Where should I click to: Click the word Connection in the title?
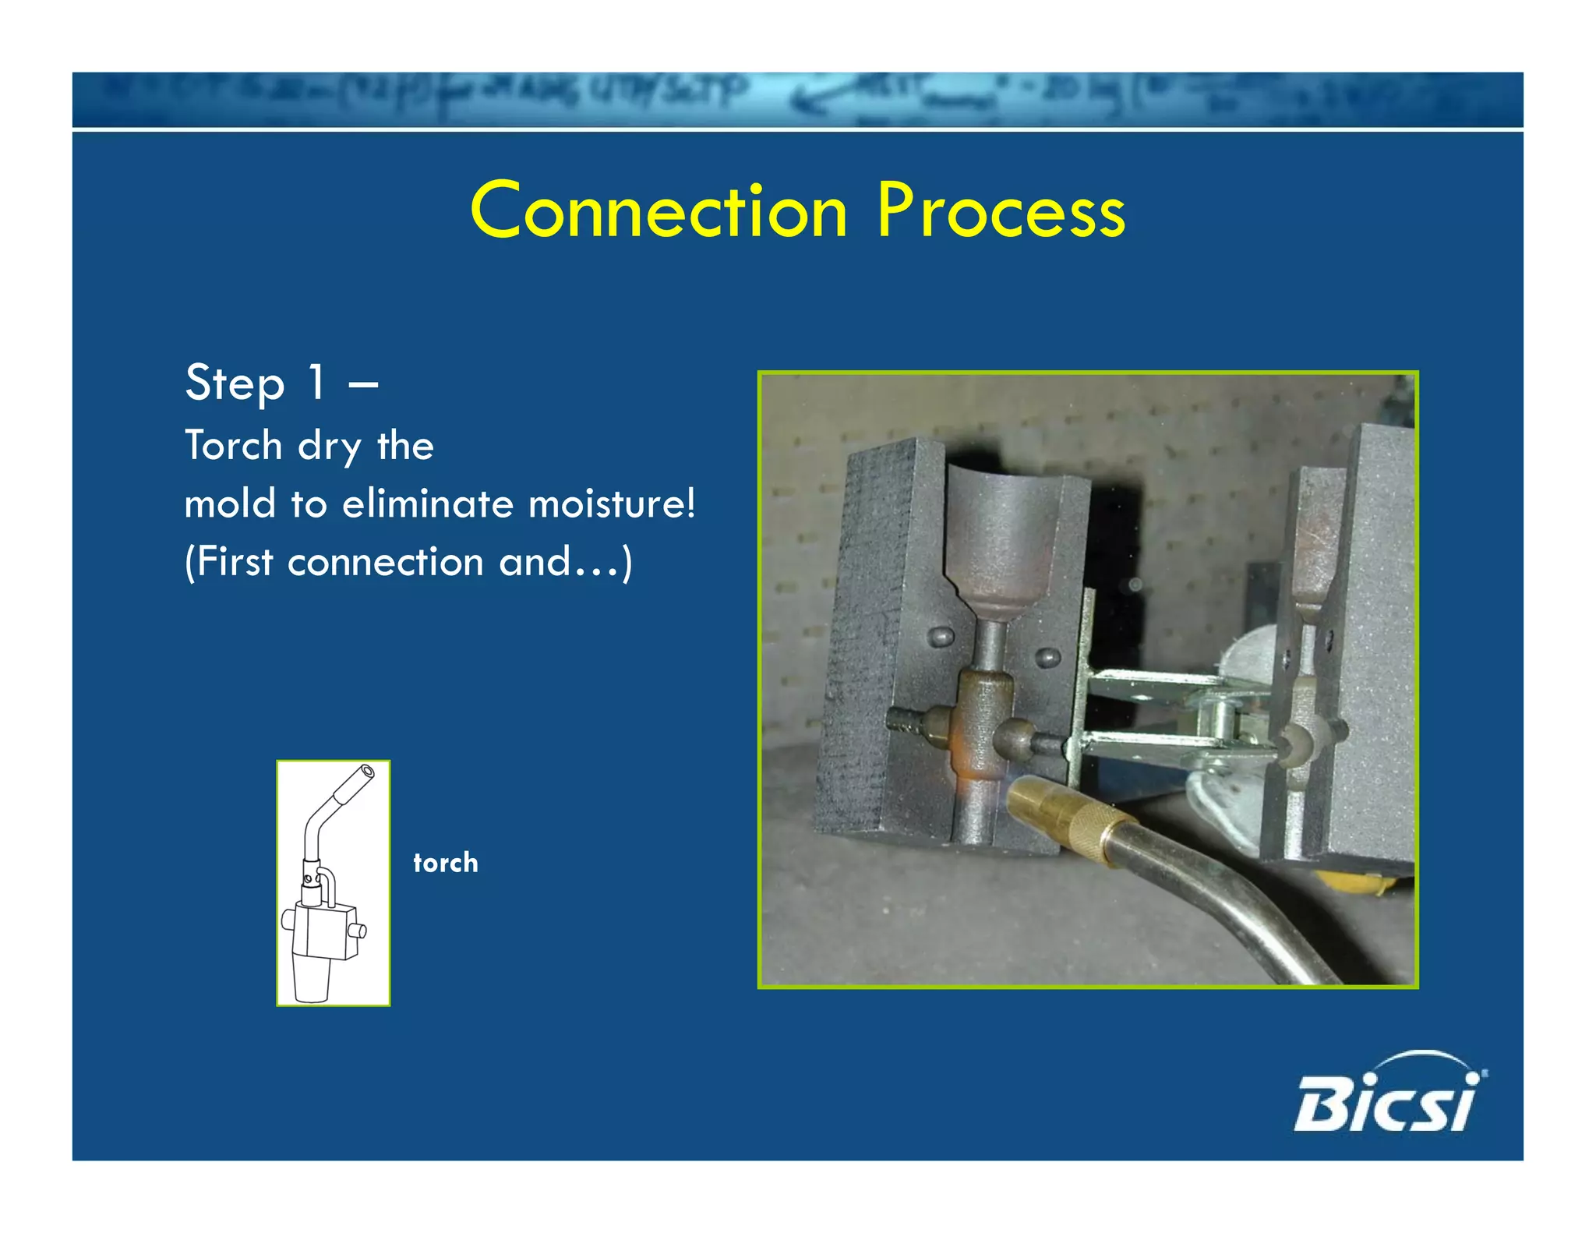659,210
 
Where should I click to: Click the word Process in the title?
1001,210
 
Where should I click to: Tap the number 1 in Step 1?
316,383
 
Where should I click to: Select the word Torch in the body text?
233,446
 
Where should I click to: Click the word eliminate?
428,503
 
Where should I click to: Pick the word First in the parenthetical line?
234,561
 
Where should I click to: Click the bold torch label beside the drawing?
445,863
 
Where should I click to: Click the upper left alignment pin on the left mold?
942,638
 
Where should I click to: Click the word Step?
235,383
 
